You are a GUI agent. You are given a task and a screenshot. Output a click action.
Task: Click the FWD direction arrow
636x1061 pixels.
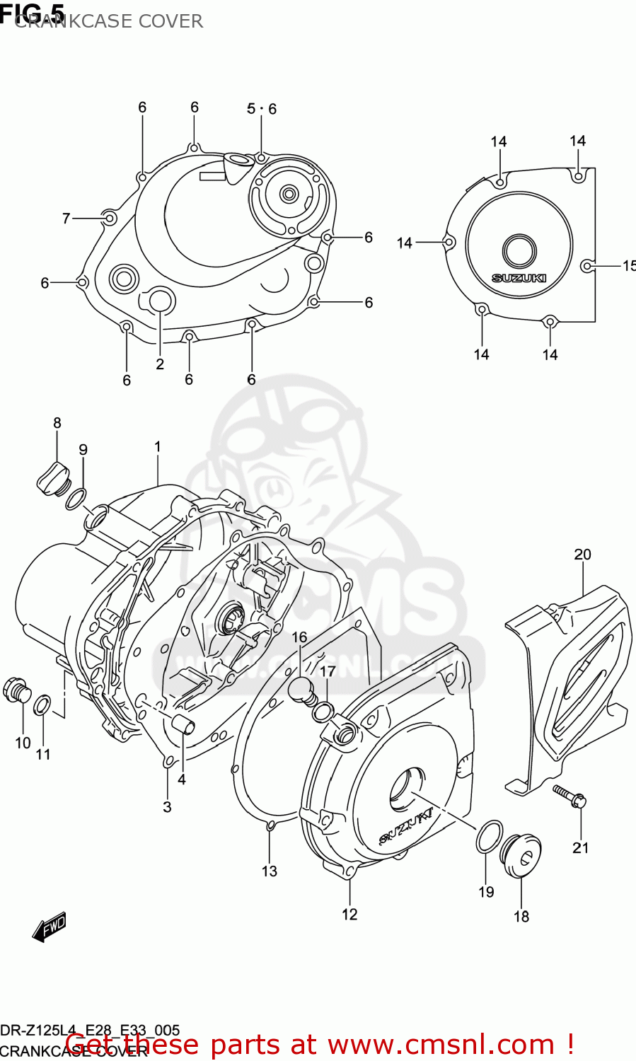[x=50, y=927]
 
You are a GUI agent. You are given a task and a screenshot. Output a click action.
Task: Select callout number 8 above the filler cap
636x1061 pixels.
[x=57, y=423]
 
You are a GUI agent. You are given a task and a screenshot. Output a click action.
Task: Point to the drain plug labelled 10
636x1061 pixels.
[x=17, y=690]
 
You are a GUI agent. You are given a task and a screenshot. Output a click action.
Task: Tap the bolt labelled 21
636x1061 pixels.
[x=570, y=796]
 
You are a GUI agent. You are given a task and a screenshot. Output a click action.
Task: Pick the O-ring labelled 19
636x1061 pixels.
[x=489, y=837]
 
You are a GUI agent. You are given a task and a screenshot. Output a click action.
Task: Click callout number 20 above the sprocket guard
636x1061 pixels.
[x=582, y=555]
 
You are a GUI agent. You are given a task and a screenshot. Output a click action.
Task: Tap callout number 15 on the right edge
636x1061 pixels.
[x=628, y=266]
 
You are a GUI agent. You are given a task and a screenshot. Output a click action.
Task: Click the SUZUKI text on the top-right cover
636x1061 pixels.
[x=519, y=278]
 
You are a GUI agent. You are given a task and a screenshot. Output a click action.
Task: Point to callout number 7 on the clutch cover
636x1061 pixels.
[x=67, y=219]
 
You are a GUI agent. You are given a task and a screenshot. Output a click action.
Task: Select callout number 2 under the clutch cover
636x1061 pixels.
[x=160, y=364]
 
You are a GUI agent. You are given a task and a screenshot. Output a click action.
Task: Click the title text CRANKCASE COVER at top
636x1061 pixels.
[x=109, y=21]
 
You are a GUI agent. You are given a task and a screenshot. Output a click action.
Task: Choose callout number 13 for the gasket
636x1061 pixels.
[x=270, y=871]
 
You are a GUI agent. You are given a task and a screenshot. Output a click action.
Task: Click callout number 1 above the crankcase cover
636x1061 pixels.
[x=158, y=447]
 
